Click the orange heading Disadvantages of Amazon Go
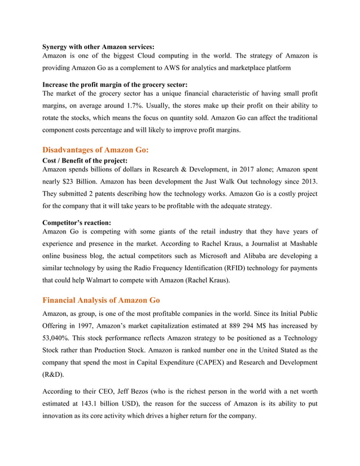95,150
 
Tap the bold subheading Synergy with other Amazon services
98,46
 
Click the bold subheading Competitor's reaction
77,223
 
